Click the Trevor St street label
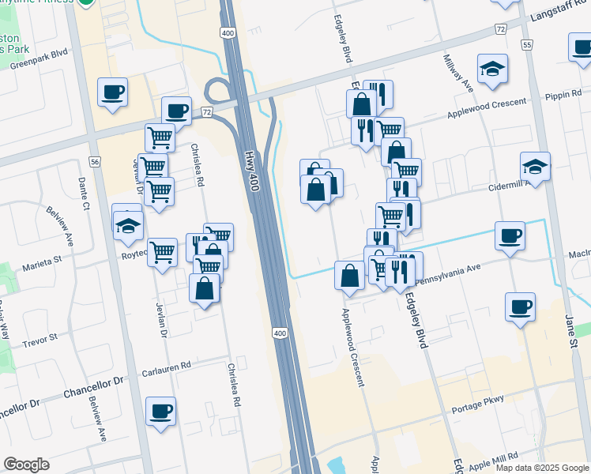pyautogui.click(x=40, y=340)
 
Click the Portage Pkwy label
pyautogui.click(x=478, y=411)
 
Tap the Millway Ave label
pyautogui.click(x=458, y=72)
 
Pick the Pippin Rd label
pyautogui.click(x=563, y=96)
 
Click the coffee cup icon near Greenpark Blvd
pyautogui.click(x=112, y=92)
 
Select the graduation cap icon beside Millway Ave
pyautogui.click(x=491, y=69)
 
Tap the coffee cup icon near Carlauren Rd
pyautogui.click(x=160, y=412)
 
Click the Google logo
pyautogui.click(x=26, y=465)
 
